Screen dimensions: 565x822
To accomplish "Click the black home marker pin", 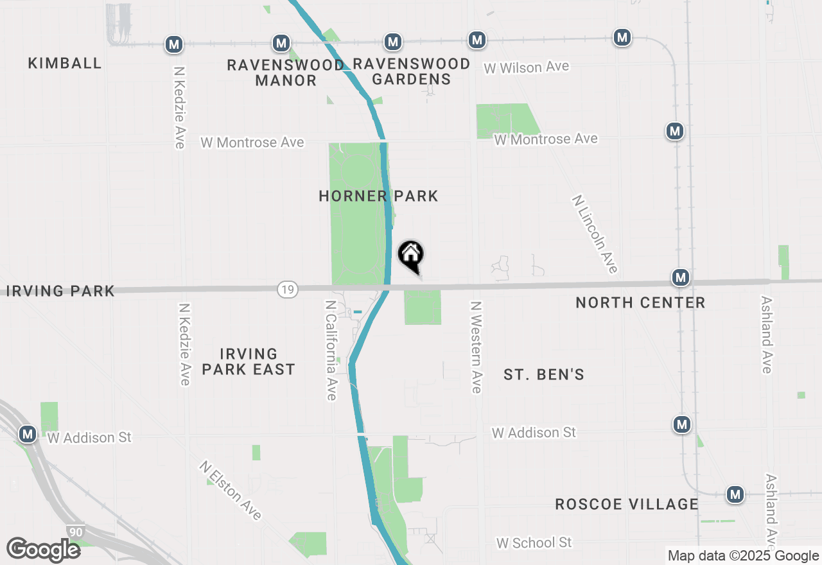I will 411,256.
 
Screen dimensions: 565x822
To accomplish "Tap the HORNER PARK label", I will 378,196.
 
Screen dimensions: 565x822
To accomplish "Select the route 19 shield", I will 288,290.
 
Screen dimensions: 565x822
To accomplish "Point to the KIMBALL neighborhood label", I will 65,63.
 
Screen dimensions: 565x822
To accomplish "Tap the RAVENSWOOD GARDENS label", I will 412,71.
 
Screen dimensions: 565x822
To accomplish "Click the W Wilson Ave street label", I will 527,67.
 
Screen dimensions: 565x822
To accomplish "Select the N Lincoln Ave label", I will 595,234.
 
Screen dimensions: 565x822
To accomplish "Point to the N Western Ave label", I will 476,347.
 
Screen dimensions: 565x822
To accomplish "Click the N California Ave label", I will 331,351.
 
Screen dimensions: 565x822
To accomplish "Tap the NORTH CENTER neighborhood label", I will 640,302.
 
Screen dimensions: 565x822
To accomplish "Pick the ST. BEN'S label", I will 544,375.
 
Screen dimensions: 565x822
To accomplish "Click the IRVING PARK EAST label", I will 249,361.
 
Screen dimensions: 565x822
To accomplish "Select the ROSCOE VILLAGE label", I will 626,504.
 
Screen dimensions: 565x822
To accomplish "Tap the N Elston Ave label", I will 231,490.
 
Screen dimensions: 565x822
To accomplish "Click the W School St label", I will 534,543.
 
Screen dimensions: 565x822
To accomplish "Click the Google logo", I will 43,550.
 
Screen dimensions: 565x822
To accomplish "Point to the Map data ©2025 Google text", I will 742,556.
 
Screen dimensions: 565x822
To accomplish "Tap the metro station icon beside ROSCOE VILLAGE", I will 735,494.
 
